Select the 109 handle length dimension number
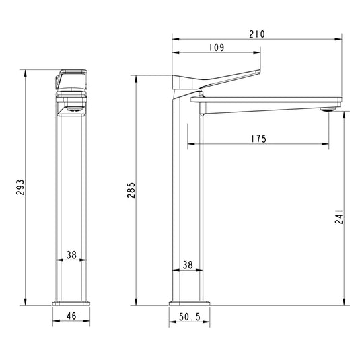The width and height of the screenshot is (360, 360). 216,48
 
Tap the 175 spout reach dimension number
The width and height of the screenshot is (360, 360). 258,139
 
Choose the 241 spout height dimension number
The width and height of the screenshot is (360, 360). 339,217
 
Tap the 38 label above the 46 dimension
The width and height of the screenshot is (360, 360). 71,255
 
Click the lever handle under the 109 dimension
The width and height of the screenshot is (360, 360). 222,78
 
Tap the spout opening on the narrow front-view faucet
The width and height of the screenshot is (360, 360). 71,108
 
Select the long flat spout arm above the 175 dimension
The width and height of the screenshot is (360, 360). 269,100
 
